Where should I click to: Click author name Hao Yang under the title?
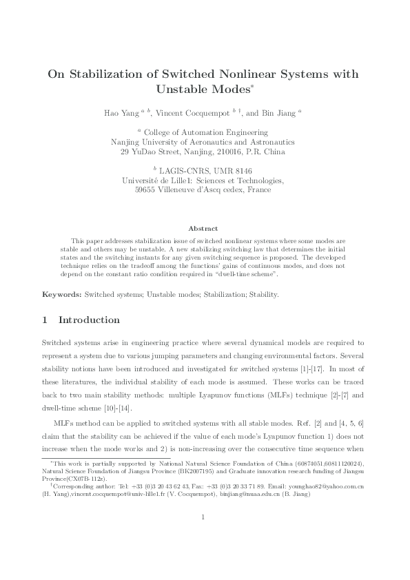click(123, 112)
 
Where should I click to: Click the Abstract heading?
click(204, 228)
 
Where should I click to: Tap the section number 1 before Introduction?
click(45, 320)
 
